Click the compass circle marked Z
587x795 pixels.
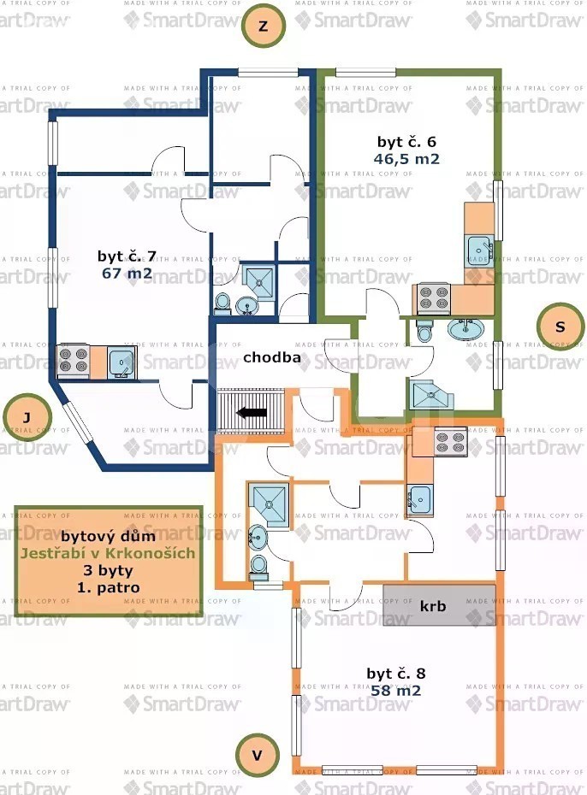click(x=264, y=26)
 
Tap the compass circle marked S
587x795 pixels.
click(x=560, y=327)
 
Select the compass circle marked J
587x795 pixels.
click(x=27, y=417)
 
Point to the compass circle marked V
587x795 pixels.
click(x=258, y=755)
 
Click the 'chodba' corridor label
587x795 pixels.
click(x=272, y=357)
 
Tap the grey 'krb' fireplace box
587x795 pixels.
click(x=439, y=605)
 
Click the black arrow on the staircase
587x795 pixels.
click(x=252, y=413)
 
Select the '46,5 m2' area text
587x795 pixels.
click(x=406, y=159)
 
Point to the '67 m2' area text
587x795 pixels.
click(x=127, y=274)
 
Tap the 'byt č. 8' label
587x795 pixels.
click(x=395, y=674)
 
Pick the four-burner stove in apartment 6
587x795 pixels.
click(x=434, y=298)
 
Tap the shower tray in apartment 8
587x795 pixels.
click(x=269, y=504)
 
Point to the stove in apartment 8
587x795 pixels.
click(x=451, y=441)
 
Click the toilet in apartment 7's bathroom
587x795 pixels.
click(x=222, y=302)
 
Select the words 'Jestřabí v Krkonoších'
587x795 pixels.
click(x=108, y=553)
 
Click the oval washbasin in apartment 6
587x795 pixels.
click(x=465, y=329)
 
